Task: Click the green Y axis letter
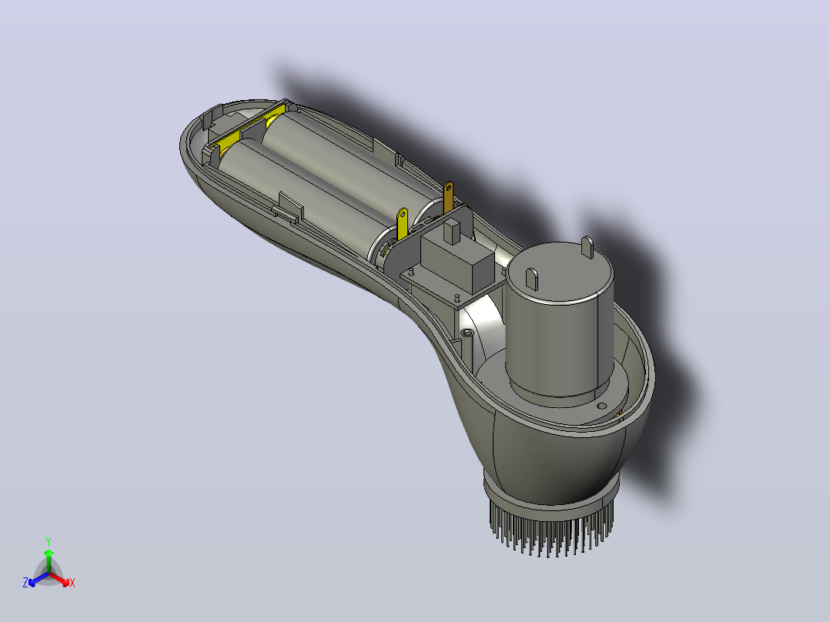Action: pos(49,541)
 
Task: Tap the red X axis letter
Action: pos(72,583)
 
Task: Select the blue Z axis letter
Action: pos(25,583)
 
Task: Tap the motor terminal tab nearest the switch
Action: pos(531,279)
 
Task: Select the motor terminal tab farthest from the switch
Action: pos(587,246)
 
